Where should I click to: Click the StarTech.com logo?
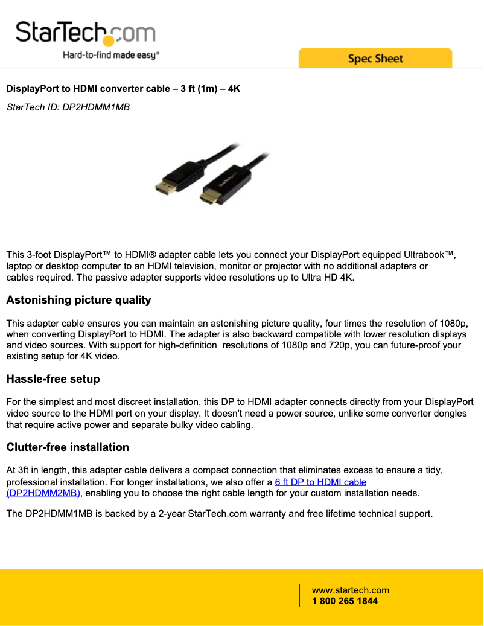pyautogui.click(x=85, y=33)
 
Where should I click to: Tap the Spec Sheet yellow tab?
pyautogui.click(x=375, y=59)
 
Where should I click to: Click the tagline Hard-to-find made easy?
pyautogui.click(x=111, y=55)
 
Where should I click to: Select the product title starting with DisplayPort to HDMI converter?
pyautogui.click(x=123, y=89)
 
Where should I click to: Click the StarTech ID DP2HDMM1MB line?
pyautogui.click(x=68, y=107)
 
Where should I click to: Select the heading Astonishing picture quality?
pyautogui.click(x=78, y=300)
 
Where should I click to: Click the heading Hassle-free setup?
pyautogui.click(x=53, y=379)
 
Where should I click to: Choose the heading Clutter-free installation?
pyautogui.click(x=68, y=447)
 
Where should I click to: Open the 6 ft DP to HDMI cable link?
pyautogui.click(x=320, y=482)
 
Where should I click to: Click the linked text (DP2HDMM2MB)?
pyautogui.click(x=43, y=493)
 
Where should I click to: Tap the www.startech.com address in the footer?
pyautogui.click(x=350, y=590)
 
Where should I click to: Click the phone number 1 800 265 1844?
pyautogui.click(x=345, y=601)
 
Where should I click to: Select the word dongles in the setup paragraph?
pyautogui.click(x=450, y=414)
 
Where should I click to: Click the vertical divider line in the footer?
pyautogui.click(x=300, y=595)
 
